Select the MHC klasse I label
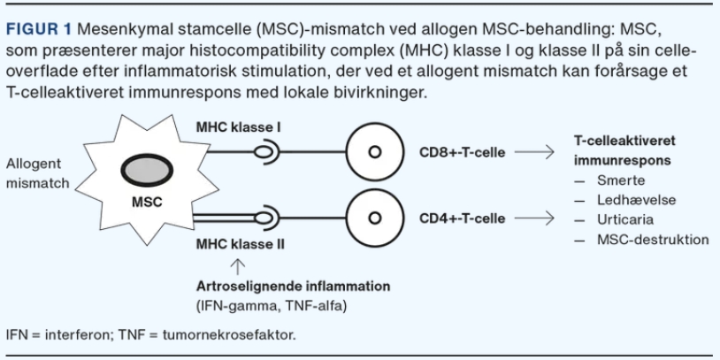[240, 129]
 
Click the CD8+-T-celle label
[463, 152]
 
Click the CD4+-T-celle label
[463, 218]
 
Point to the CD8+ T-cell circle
[375, 152]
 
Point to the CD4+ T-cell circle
[375, 218]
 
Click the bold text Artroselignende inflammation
[294, 287]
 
